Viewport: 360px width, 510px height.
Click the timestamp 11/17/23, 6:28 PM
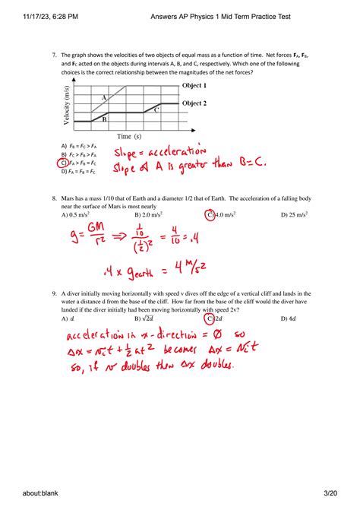click(x=32, y=15)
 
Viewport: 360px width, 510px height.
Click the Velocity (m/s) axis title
click(x=68, y=108)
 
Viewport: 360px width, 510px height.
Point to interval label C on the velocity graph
click(x=156, y=109)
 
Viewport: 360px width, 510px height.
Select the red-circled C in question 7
click(x=63, y=163)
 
